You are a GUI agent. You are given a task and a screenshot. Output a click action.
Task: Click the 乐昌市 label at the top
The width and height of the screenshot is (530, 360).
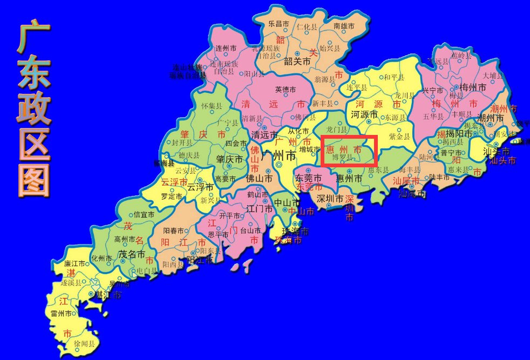click(x=279, y=24)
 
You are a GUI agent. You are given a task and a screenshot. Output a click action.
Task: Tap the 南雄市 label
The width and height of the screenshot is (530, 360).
click(x=344, y=25)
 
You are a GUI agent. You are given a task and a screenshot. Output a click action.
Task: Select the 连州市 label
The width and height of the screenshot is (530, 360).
click(x=226, y=48)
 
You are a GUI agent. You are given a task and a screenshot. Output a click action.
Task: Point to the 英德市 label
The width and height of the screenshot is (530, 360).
click(x=286, y=89)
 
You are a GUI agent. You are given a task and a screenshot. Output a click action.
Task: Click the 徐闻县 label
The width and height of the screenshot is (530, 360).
click(x=85, y=343)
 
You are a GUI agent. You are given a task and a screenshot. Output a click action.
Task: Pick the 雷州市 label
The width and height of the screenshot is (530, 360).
click(x=60, y=313)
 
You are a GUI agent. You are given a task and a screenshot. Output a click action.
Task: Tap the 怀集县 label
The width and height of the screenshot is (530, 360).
click(x=211, y=106)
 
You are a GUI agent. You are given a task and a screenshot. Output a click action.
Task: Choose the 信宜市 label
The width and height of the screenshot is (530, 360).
click(x=144, y=215)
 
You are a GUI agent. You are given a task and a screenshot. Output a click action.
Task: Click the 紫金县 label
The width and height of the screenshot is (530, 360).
click(x=399, y=137)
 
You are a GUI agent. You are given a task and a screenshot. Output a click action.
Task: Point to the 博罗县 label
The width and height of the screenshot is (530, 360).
click(x=342, y=157)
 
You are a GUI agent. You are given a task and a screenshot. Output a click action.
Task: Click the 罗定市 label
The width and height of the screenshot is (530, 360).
click(x=172, y=196)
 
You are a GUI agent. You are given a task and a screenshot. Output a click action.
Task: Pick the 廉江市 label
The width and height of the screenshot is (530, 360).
click(x=75, y=263)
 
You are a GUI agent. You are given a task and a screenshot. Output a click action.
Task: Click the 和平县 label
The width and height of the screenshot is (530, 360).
click(x=394, y=77)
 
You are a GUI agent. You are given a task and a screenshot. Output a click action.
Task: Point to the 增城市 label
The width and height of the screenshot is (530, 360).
click(x=309, y=149)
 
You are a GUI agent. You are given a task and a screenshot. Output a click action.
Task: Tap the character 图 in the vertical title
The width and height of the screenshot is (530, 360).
click(x=33, y=179)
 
